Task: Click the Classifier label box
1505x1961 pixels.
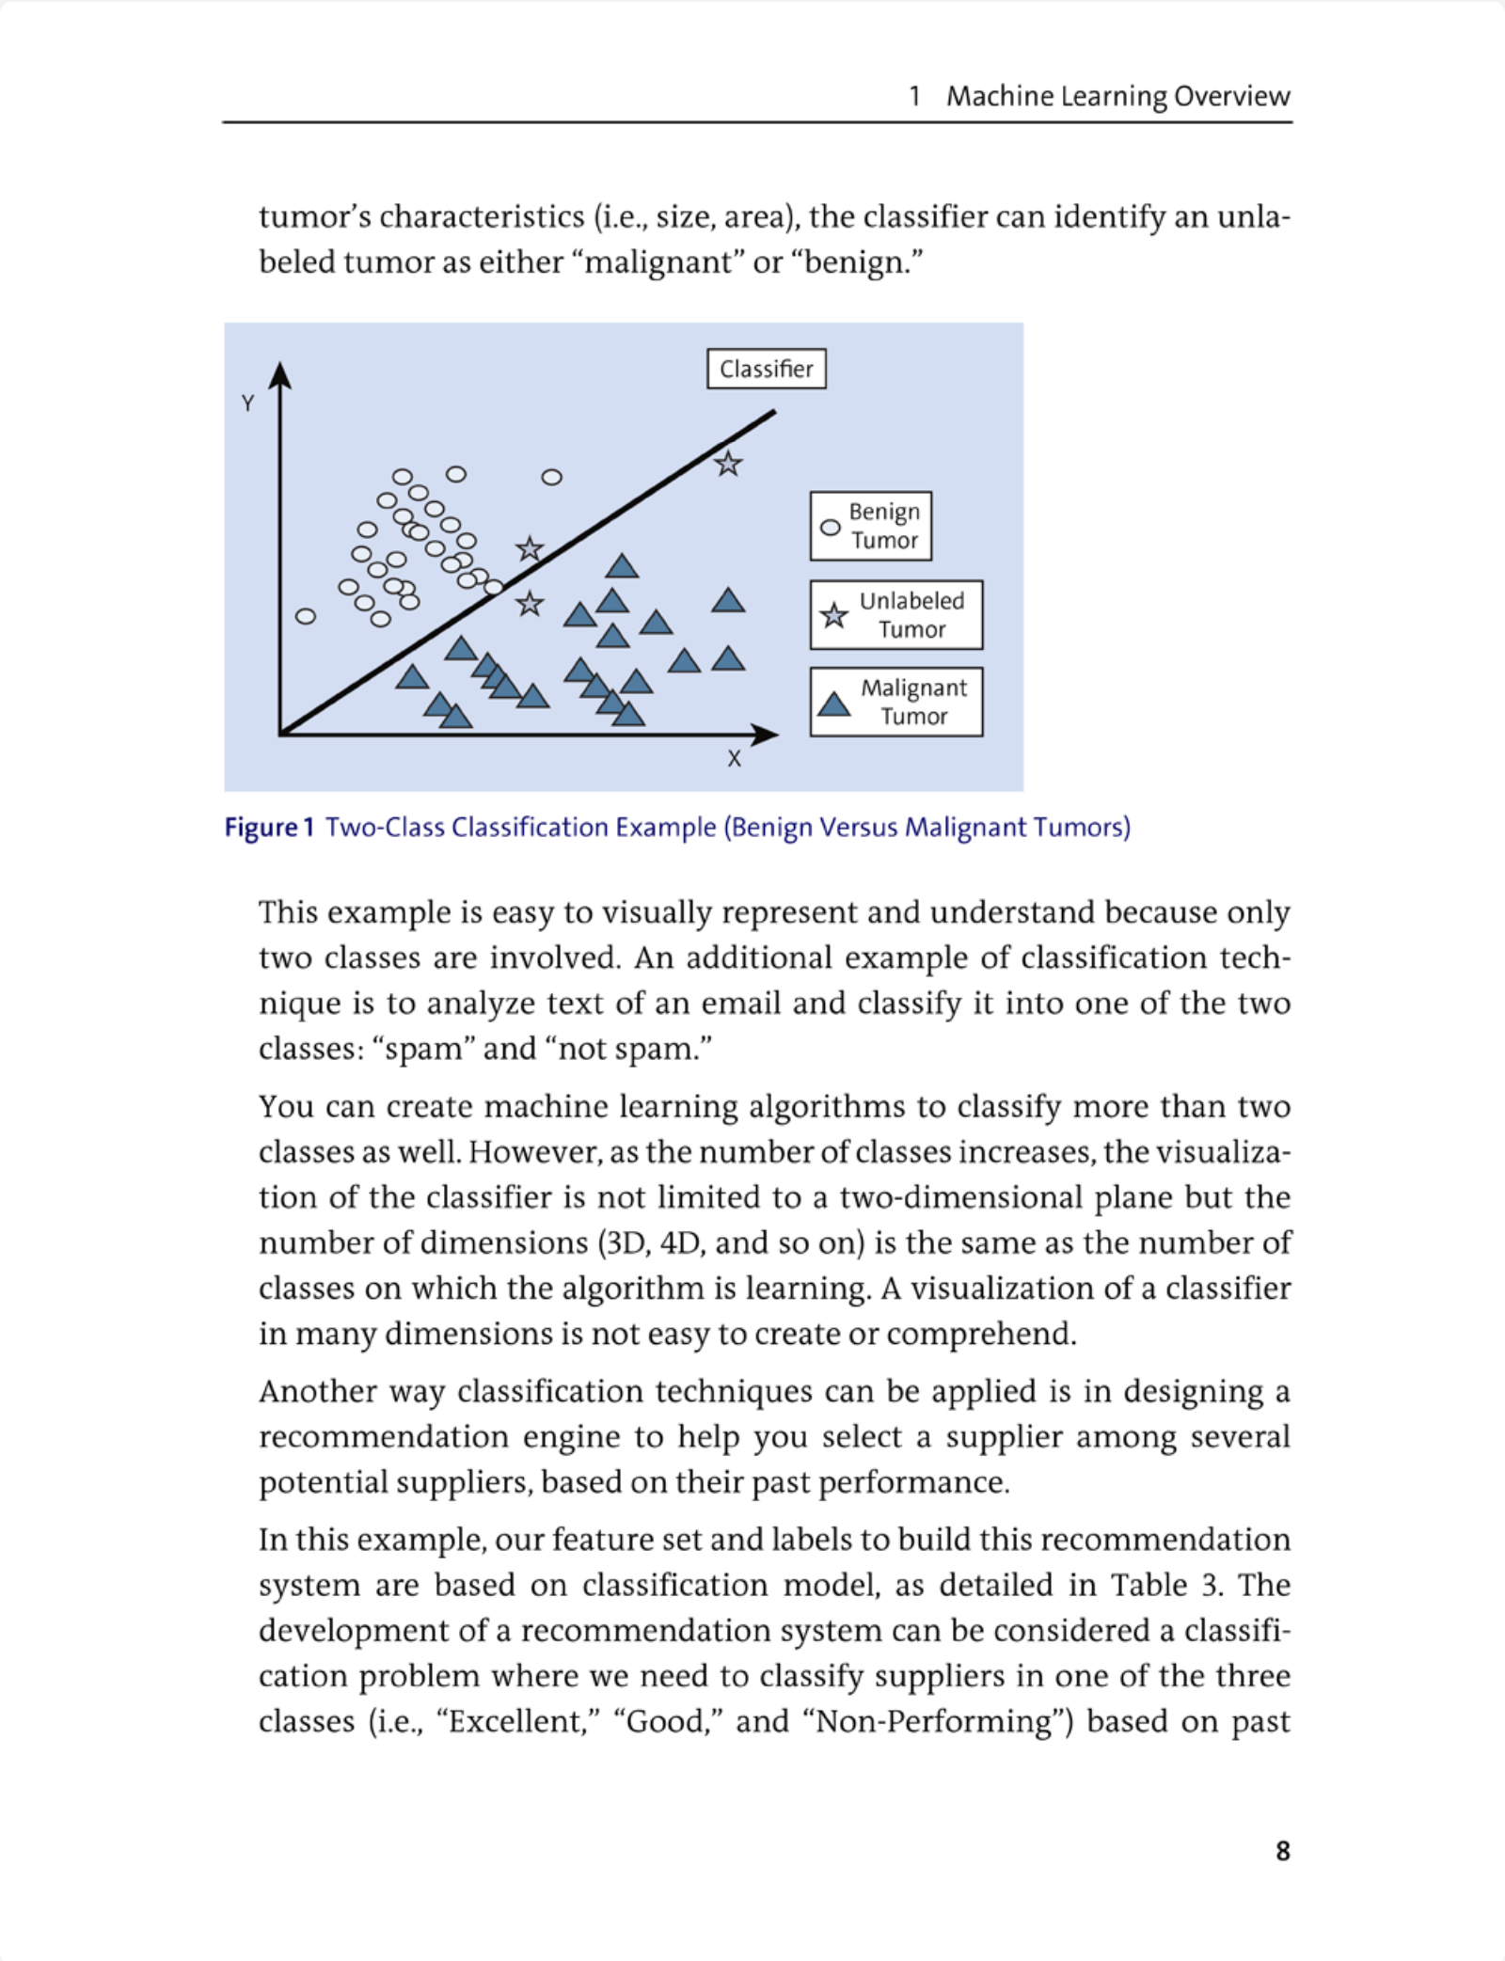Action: (x=766, y=369)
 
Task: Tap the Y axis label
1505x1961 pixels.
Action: (x=247, y=403)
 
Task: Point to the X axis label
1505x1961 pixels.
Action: (x=734, y=759)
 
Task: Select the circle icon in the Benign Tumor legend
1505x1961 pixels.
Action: (x=830, y=528)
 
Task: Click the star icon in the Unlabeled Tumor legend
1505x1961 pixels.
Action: (x=833, y=616)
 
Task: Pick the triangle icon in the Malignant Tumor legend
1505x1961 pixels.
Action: (x=833, y=704)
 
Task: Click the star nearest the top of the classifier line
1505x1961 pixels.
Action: (x=727, y=464)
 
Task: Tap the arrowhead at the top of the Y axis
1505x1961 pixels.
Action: (x=279, y=375)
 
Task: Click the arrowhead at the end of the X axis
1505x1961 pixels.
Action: (x=766, y=735)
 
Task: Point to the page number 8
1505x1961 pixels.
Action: (x=1282, y=1851)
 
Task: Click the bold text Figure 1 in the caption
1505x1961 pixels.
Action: (x=268, y=828)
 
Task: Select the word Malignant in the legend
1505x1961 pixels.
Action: (x=913, y=688)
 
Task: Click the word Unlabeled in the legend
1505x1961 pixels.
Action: (x=911, y=601)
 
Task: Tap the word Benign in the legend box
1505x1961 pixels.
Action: (x=884, y=512)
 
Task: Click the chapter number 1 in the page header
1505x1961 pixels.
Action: (x=914, y=96)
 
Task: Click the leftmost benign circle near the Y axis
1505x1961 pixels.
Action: (x=306, y=617)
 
